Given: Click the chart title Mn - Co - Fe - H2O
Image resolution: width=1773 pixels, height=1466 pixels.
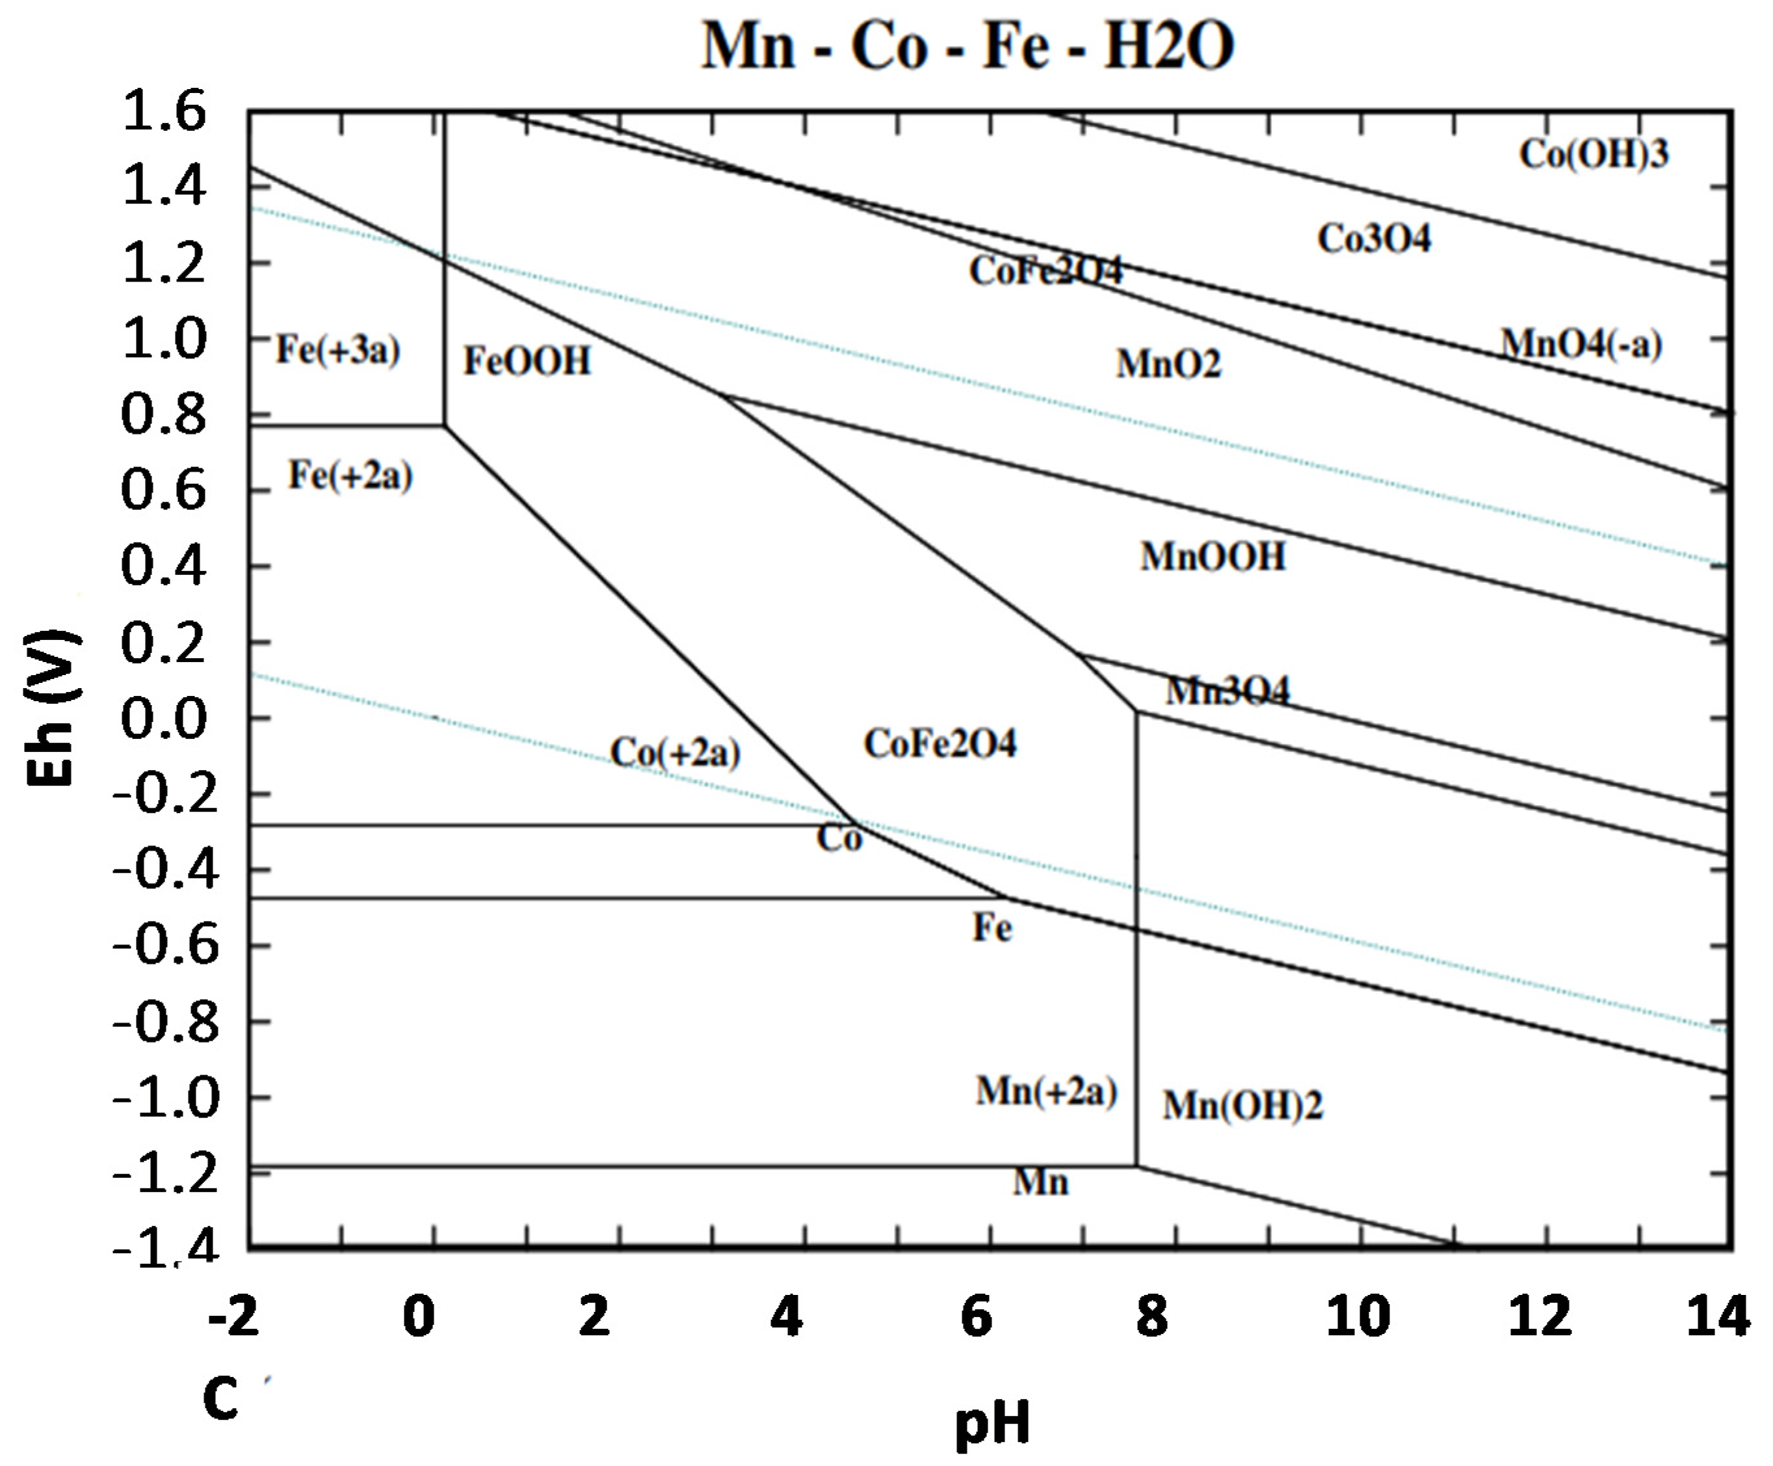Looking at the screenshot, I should tap(968, 46).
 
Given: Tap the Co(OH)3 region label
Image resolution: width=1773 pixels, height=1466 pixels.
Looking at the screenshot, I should tap(1594, 155).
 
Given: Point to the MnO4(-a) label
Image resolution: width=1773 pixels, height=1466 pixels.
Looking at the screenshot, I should tap(1581, 345).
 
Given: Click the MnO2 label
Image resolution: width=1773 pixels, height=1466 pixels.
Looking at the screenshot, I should tap(1168, 365).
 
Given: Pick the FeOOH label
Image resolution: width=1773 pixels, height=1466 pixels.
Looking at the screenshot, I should tap(528, 362).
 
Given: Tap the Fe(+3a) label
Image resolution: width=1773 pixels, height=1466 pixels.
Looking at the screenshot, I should tap(337, 350).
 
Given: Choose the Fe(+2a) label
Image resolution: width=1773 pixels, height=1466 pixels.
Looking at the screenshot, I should tap(350, 475).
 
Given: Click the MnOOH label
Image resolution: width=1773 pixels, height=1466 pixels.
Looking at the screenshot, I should tap(1213, 557).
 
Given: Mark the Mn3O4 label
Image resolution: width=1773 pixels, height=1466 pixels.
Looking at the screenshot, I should tap(1228, 691).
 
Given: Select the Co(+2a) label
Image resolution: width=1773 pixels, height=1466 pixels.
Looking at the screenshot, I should tap(675, 753).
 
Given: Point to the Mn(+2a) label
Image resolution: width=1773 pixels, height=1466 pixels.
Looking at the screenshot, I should tap(1046, 1091).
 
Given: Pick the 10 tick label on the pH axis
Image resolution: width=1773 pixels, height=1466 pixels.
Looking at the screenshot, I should tap(1358, 1317).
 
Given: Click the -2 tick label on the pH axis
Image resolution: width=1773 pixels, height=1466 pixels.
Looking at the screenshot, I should tap(234, 1317).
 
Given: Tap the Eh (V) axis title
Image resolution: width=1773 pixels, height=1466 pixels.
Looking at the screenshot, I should tap(53, 708).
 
